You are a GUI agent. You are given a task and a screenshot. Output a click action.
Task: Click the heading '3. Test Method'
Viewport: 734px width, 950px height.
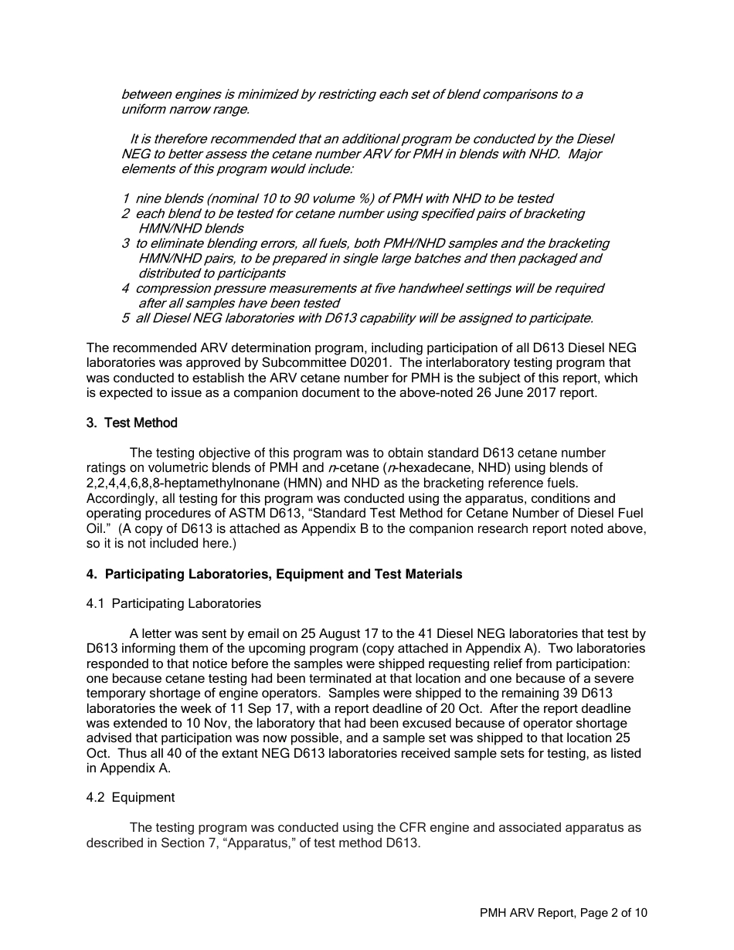[x=131, y=422]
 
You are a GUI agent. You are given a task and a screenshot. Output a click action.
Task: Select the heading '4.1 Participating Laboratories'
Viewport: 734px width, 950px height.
[x=173, y=603]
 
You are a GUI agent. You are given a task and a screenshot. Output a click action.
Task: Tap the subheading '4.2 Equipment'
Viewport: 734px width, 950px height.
[x=130, y=797]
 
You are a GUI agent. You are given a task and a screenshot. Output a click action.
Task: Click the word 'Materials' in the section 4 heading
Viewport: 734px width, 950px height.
[x=434, y=574]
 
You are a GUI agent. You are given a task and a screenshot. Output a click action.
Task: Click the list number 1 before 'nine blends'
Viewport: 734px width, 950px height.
[x=125, y=199]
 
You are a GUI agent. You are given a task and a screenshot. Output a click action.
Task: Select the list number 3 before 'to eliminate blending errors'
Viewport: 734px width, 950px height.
[x=125, y=244]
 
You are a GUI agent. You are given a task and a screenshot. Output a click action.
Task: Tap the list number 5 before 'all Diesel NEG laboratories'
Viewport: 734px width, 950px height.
[x=125, y=318]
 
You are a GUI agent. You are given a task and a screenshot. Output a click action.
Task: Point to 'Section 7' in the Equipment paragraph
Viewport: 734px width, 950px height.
[x=186, y=843]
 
